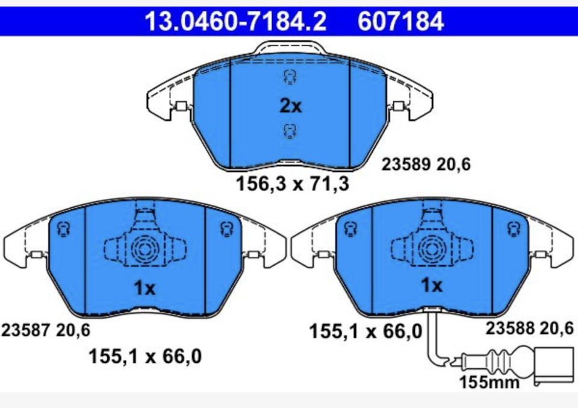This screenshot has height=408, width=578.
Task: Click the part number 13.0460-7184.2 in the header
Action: click(235, 21)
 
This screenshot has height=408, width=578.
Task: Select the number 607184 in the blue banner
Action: click(401, 21)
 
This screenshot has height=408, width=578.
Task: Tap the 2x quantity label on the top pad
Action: click(290, 106)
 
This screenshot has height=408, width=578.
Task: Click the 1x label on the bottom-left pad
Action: click(144, 287)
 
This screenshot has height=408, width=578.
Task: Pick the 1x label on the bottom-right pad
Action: click(431, 285)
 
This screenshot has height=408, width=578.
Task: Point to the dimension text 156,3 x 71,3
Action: click(292, 183)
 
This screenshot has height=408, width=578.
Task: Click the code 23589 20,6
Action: click(426, 164)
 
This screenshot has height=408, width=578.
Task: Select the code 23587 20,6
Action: click(46, 330)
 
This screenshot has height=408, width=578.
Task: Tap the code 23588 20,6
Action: click(530, 328)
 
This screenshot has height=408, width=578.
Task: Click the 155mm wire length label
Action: click(489, 382)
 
